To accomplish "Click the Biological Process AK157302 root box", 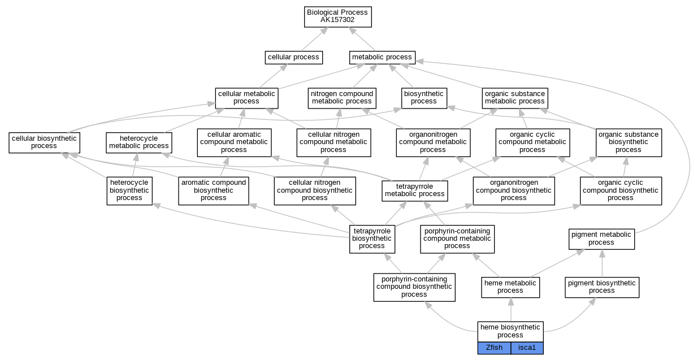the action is [x=338, y=17].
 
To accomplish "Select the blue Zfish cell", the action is [x=494, y=348].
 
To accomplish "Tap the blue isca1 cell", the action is [x=527, y=348].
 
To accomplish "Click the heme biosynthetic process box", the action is [x=510, y=332].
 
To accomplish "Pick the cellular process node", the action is [x=293, y=58].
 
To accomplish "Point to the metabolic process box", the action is [x=382, y=58].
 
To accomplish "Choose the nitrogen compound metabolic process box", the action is [x=342, y=98].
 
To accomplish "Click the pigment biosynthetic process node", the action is [x=602, y=287].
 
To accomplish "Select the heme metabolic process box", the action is [x=510, y=287].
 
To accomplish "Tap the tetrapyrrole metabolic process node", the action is [x=414, y=191].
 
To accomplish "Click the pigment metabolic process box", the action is [x=601, y=239].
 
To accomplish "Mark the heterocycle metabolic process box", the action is [x=139, y=142].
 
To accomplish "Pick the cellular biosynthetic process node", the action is [x=44, y=142].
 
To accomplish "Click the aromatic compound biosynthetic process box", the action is [x=214, y=191].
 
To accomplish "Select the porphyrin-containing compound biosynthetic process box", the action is [x=414, y=287].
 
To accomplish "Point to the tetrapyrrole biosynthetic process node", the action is [x=372, y=239].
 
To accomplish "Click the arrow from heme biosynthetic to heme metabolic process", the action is [x=511, y=310].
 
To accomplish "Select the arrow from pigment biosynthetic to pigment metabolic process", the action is [x=602, y=263].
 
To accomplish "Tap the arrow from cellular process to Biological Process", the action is [x=314, y=39].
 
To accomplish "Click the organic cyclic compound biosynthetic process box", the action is [x=621, y=191].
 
